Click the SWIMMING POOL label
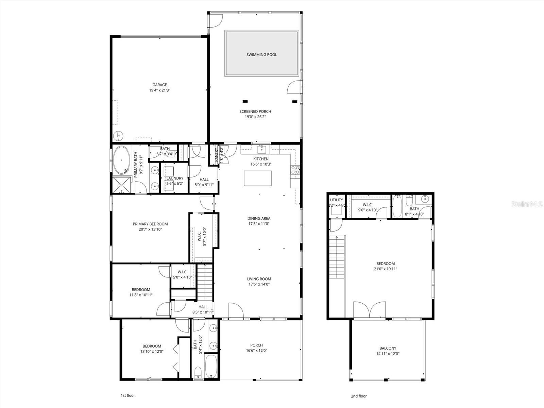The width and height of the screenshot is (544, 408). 261,54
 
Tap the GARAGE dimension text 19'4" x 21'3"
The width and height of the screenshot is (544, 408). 159,90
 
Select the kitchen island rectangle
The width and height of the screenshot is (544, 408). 258,178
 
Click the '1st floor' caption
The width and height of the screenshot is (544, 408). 128,395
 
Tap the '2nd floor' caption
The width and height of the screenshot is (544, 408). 359,396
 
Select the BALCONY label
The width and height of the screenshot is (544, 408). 388,348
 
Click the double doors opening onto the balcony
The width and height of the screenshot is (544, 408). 369,310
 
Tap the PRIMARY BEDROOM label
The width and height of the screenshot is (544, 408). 150,224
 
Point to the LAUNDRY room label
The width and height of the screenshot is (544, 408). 175,178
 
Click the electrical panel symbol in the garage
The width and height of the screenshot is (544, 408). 117,136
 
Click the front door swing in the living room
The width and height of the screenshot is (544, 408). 236,311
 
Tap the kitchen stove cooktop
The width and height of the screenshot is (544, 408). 295,170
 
